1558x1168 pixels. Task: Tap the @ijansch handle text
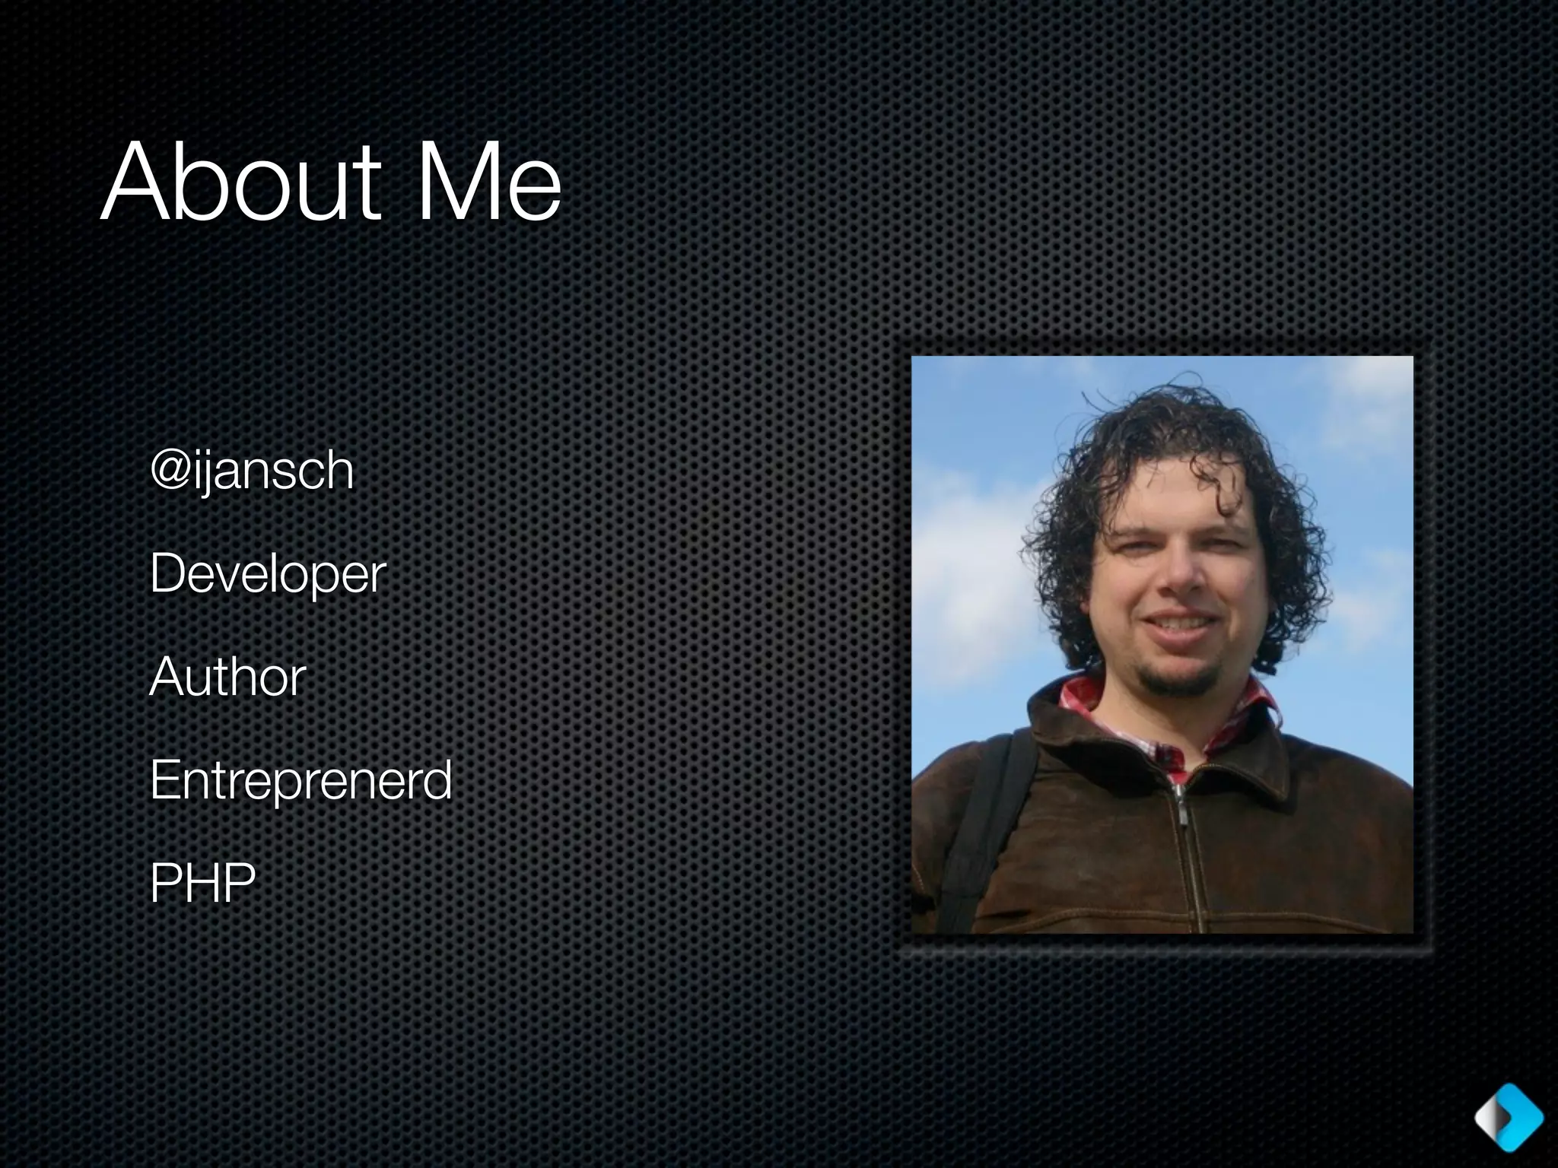253,471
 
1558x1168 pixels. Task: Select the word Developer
268,575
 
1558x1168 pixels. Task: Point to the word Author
227,677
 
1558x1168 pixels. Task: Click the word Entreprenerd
301,780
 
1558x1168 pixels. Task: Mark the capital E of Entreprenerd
165,780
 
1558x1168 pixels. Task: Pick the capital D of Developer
169,573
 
